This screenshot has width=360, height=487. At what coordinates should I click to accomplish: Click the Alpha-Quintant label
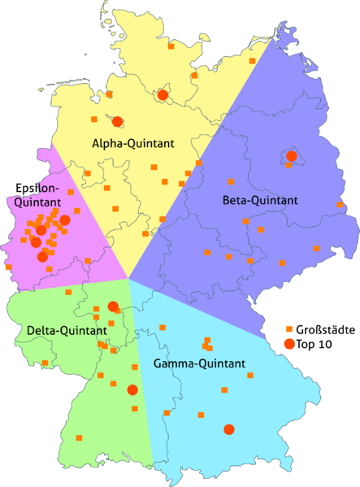[133, 144]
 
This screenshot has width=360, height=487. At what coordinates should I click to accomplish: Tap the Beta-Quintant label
[260, 200]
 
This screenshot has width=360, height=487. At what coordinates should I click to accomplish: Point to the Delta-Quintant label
[67, 331]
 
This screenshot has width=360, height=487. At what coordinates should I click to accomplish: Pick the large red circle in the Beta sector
[292, 156]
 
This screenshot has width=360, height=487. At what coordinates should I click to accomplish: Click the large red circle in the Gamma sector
[229, 429]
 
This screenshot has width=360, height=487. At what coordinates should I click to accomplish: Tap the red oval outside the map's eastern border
[289, 344]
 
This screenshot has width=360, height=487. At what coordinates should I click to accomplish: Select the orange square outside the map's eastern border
[289, 328]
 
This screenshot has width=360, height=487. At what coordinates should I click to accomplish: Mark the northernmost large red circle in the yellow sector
[163, 96]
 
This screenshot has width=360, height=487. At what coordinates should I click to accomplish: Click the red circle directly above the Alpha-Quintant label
[117, 121]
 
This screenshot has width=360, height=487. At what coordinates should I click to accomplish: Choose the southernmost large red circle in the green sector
[132, 390]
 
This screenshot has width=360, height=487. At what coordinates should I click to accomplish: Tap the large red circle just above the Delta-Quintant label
[113, 307]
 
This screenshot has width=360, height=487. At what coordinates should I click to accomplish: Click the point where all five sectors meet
[128, 278]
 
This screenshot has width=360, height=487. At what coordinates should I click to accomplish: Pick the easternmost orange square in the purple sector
[336, 206]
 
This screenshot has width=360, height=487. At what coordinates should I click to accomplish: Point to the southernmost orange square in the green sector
[80, 438]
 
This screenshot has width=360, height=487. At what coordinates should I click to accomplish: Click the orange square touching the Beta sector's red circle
[288, 165]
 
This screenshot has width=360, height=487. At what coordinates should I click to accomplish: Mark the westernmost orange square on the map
[7, 267]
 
